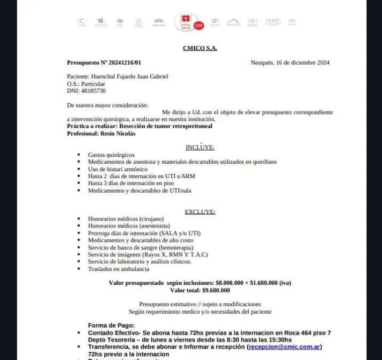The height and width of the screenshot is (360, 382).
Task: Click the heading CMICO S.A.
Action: point(200,48)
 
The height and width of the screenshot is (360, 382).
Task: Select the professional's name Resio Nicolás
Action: point(118,133)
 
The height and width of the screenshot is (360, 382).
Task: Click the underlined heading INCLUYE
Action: point(200,147)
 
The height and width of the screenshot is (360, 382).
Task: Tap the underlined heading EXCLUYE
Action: point(200,212)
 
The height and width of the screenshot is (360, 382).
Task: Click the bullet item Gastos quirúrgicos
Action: point(111,155)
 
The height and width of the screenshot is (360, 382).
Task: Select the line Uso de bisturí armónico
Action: point(117,169)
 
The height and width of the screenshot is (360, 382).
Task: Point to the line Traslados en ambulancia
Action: point(118,269)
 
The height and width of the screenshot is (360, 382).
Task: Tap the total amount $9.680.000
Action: point(216,290)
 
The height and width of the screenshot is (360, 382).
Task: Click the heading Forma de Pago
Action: point(111,325)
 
